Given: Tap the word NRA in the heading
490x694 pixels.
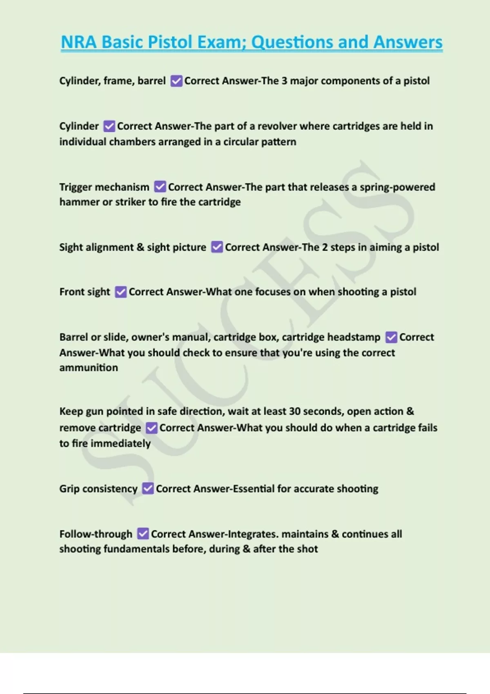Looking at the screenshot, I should (79, 42).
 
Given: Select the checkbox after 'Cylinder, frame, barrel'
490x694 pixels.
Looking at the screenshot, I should (176, 81).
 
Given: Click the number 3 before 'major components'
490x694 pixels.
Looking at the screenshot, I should (284, 81).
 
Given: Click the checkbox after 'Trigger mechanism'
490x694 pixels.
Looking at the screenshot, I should (160, 187).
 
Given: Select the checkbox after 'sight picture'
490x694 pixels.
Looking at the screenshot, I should (217, 247).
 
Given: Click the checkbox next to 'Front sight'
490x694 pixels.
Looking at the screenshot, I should (121, 292).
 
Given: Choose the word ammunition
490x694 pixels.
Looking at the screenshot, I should (89, 368).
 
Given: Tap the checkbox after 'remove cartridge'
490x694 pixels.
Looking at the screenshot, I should (151, 428).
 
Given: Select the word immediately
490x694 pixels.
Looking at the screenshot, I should (120, 444).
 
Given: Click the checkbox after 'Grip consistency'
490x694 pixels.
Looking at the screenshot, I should (148, 489).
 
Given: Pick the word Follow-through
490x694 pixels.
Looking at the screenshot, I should (96, 534).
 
